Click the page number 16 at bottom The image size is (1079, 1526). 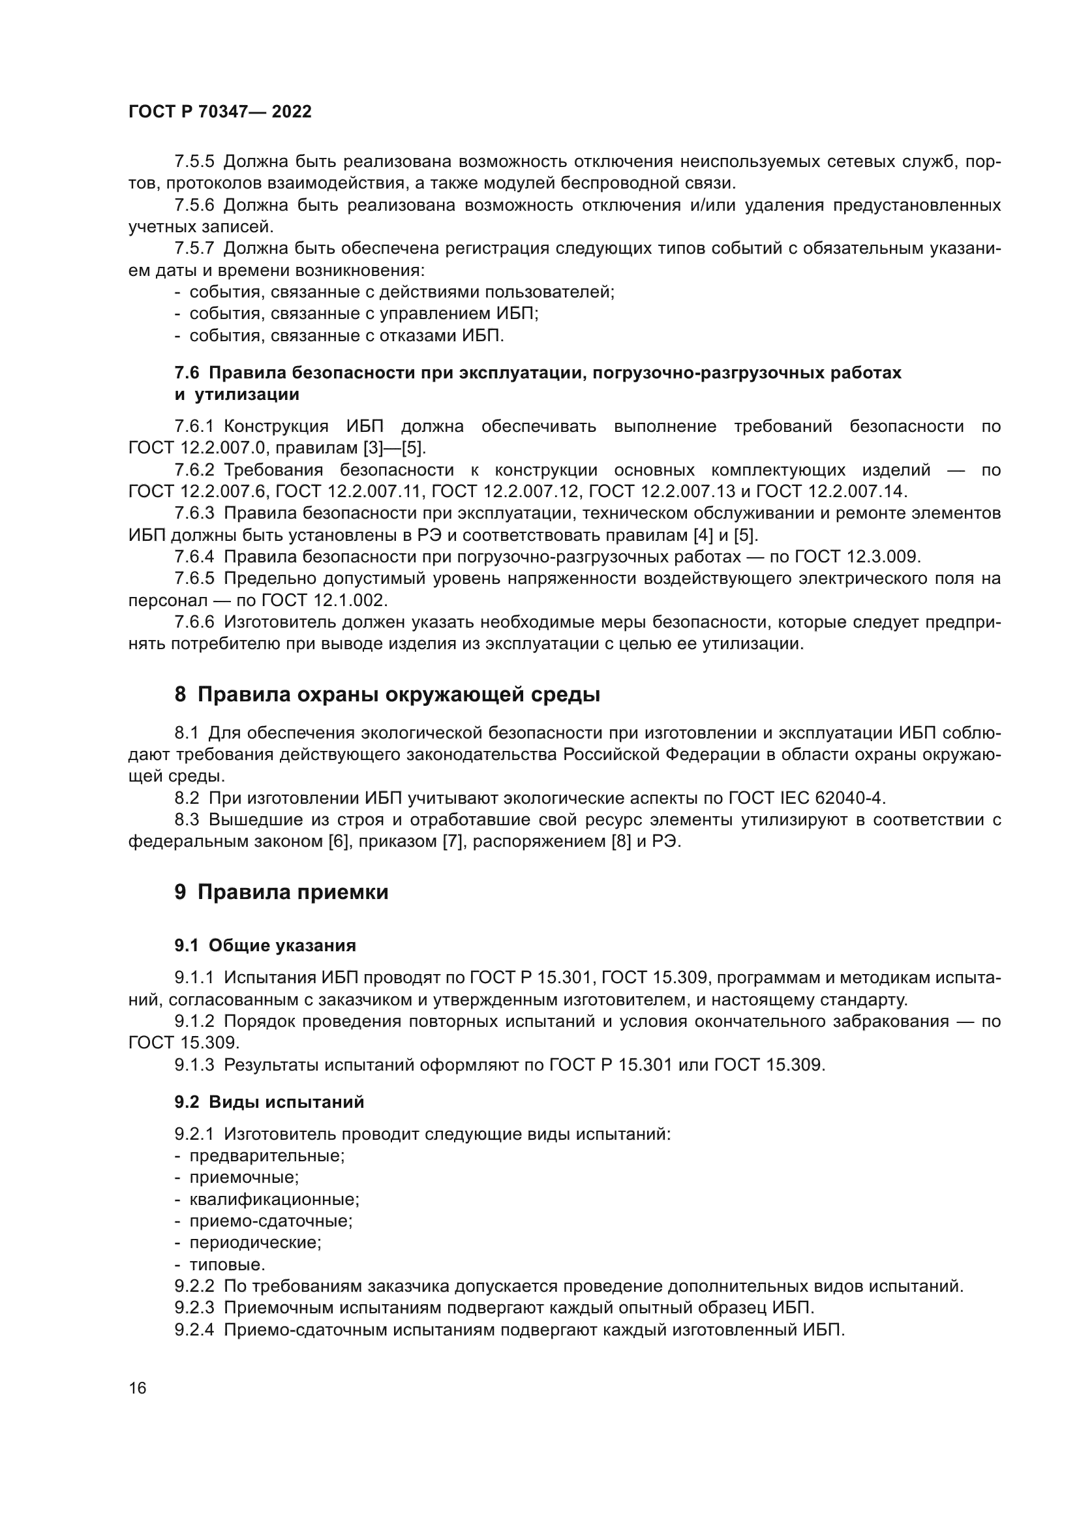click(x=138, y=1388)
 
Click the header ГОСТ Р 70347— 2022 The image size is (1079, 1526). click(x=220, y=112)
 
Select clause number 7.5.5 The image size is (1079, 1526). click(x=194, y=162)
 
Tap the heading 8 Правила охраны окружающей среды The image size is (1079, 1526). click(x=387, y=695)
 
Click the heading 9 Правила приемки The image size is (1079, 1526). click(x=281, y=892)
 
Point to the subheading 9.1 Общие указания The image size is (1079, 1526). click(x=265, y=945)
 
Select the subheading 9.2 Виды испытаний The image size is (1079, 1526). click(x=269, y=1102)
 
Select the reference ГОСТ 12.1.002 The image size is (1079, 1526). click(x=324, y=600)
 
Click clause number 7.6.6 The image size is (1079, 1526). click(x=194, y=622)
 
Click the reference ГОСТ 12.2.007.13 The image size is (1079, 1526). click(x=665, y=491)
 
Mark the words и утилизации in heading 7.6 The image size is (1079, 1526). click(x=237, y=395)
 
